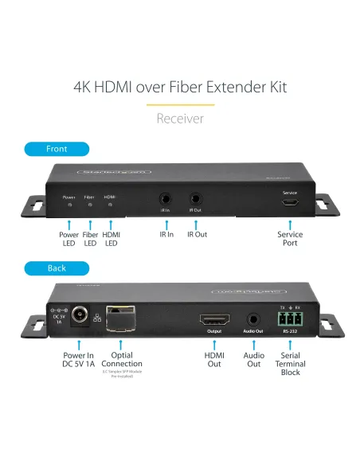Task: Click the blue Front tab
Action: tap(57, 149)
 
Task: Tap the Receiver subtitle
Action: tap(180, 119)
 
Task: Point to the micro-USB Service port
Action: tap(290, 202)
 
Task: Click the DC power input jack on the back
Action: tap(79, 316)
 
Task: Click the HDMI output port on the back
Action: tap(213, 318)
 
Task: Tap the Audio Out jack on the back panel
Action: tap(253, 318)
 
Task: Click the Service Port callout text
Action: tap(290, 239)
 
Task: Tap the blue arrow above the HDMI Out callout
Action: tap(213, 343)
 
